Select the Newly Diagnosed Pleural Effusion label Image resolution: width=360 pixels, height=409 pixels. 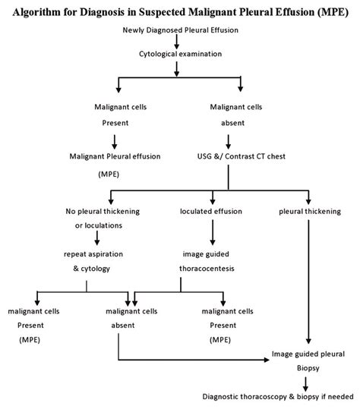point(181,30)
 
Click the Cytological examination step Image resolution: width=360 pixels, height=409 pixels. point(181,54)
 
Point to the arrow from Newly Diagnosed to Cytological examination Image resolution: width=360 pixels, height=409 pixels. point(177,42)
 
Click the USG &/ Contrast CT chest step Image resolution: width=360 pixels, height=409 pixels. point(242,156)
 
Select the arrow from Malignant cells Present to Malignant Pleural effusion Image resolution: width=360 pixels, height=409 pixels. point(115,142)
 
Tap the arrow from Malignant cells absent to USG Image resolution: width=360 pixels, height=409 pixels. point(229,142)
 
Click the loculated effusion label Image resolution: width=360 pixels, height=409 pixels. point(211,211)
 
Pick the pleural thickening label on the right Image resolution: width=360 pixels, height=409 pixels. point(310,212)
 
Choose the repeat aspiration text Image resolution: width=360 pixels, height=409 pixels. point(93,254)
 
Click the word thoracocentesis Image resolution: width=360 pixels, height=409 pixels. point(207,269)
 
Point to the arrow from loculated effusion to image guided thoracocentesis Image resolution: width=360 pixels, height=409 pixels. point(213,232)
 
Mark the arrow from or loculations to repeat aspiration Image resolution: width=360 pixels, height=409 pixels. point(97,238)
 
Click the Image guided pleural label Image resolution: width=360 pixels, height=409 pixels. point(308,354)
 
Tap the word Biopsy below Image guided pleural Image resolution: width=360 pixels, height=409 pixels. point(308,368)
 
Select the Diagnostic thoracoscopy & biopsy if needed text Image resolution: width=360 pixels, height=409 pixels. point(278,397)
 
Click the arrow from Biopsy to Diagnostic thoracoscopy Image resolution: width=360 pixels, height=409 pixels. point(305,384)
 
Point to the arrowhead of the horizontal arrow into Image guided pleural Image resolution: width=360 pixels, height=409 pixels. point(267,360)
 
